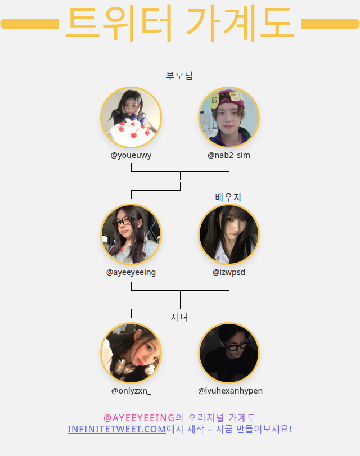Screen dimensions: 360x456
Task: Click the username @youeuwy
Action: (131, 155)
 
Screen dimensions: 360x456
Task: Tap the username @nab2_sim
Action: (229, 155)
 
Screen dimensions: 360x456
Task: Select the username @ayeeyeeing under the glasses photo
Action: (131, 272)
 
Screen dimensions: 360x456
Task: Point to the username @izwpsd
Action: (229, 272)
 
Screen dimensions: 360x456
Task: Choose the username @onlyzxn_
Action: (131, 391)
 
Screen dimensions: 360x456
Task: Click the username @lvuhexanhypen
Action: (230, 391)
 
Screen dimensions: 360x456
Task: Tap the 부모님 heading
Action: (179, 76)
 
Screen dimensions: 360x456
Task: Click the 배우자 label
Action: (228, 197)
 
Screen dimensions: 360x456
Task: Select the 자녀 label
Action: (179, 317)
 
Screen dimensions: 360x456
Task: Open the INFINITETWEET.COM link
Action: (116, 429)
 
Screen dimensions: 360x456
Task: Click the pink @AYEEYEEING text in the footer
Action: (139, 418)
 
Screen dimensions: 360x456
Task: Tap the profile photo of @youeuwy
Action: (131, 118)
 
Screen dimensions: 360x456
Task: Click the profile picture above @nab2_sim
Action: (229, 118)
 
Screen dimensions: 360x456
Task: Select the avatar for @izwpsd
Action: (229, 234)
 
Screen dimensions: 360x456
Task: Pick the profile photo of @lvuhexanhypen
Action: (229, 353)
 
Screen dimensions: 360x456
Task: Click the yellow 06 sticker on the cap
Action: (214, 101)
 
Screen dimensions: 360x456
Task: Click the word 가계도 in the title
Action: (240, 24)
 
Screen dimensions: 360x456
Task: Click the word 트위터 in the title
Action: (119, 24)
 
